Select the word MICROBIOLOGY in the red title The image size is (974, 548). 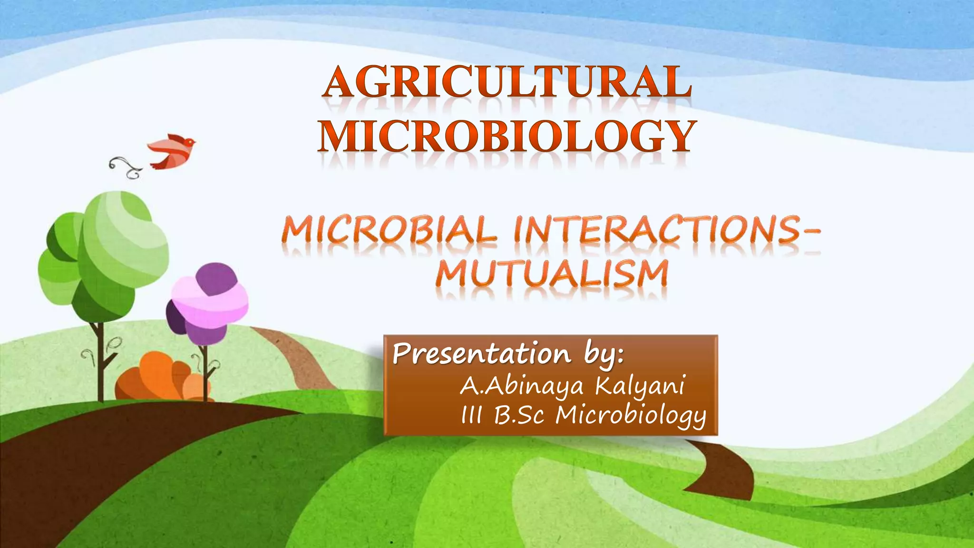coord(507,137)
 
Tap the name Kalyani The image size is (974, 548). coord(640,385)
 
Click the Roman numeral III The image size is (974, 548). coord(471,415)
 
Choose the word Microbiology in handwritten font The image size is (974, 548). coord(631,416)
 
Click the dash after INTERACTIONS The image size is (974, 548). coord(808,232)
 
